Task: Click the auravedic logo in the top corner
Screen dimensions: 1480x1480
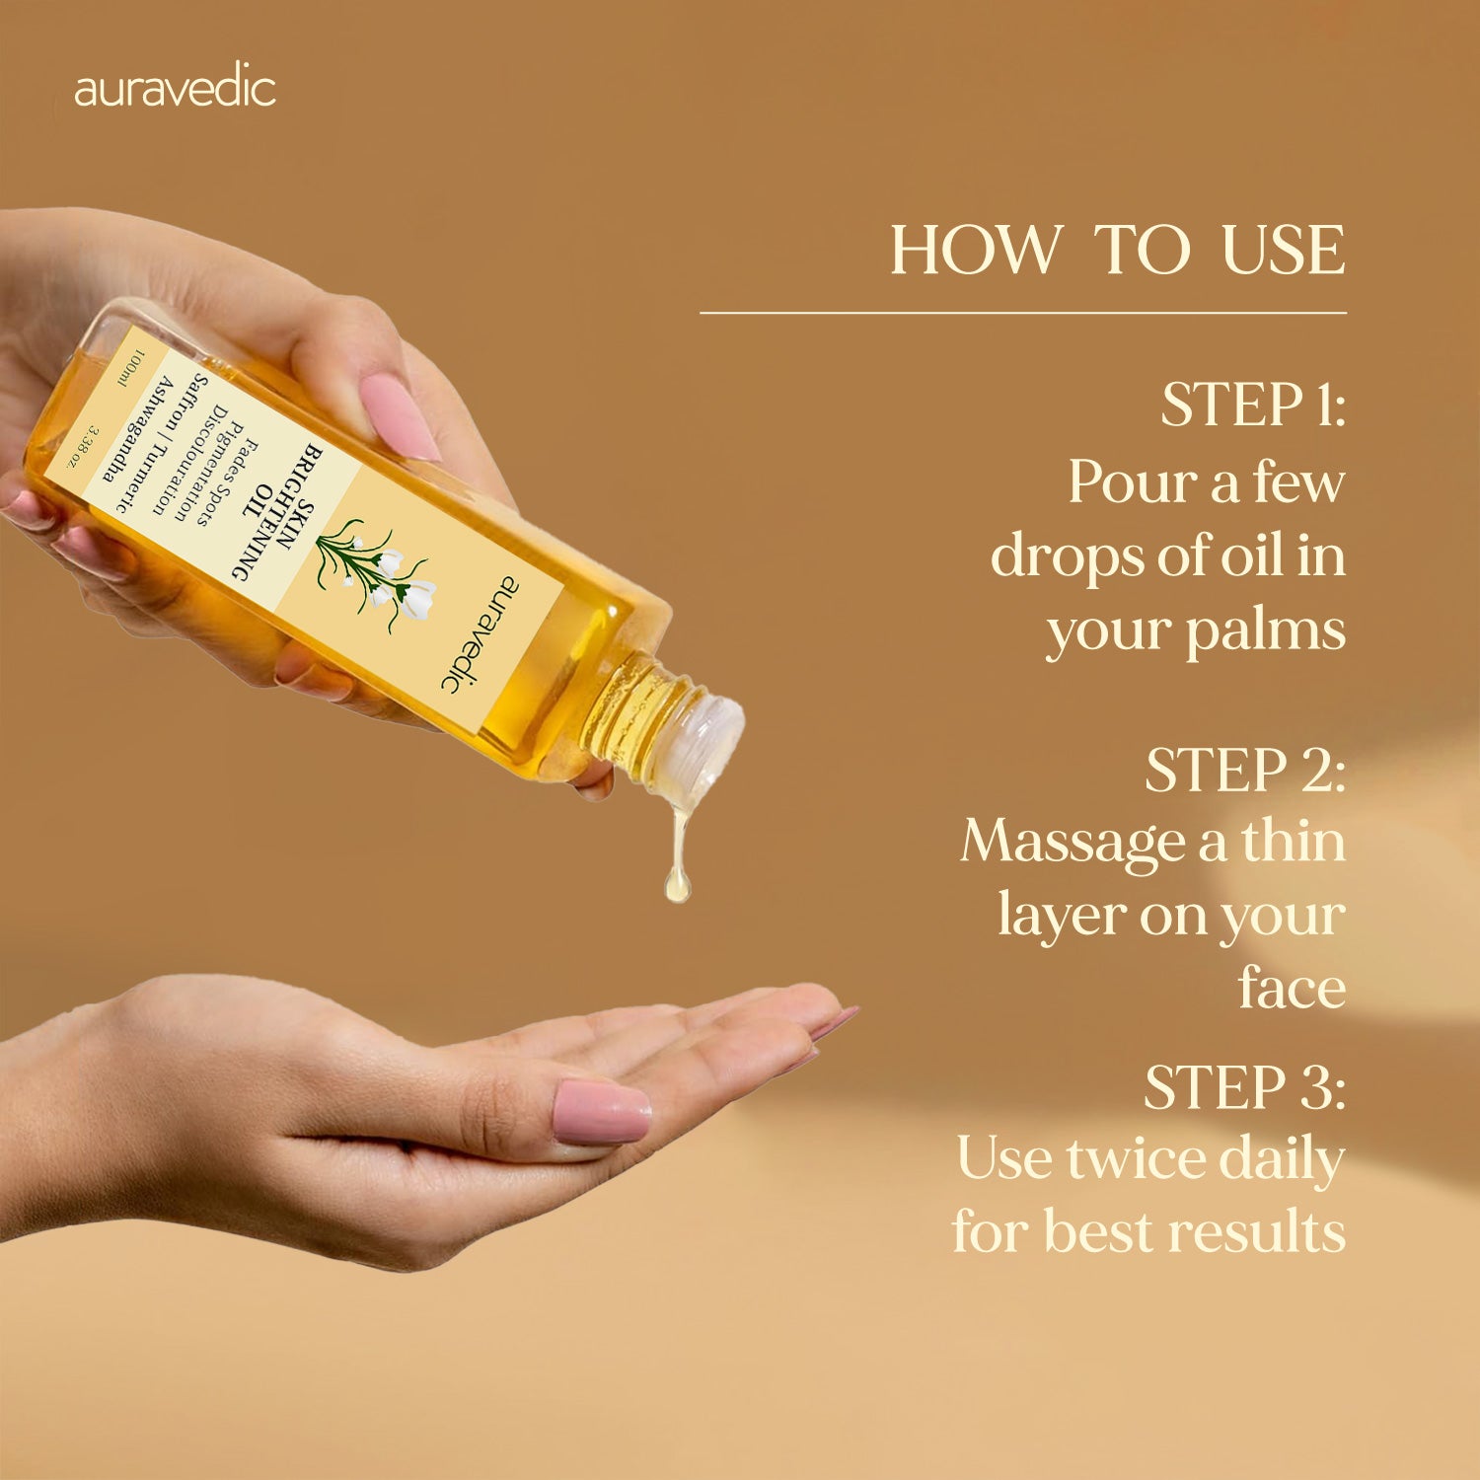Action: [175, 89]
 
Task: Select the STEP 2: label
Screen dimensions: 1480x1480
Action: [1245, 770]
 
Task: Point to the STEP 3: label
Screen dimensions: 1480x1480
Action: [1245, 1087]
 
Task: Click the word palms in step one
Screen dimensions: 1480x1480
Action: [1265, 632]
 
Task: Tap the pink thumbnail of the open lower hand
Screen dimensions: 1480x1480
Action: [601, 1111]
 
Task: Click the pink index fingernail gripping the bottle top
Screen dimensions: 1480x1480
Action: [399, 416]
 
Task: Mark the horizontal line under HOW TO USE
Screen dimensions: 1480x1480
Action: [1023, 313]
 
